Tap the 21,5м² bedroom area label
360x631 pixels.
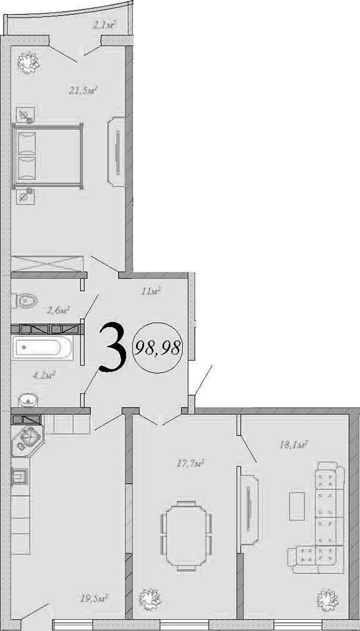84,90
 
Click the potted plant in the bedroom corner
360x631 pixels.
27,61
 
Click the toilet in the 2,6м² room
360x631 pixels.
24,301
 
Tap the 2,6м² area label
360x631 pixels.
58,309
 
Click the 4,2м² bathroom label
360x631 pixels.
44,375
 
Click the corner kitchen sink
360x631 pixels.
27,438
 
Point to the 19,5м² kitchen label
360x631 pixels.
95,598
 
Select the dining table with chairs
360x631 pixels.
185,536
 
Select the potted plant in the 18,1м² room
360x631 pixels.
326,600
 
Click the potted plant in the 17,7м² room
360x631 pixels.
150,600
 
